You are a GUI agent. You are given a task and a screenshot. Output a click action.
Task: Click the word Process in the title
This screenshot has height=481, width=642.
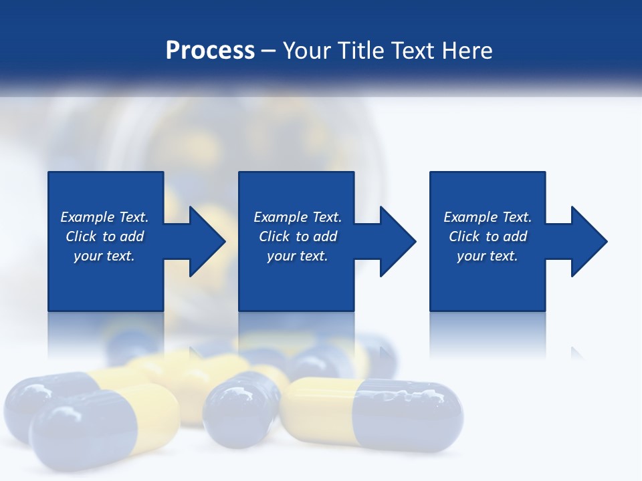[x=210, y=50]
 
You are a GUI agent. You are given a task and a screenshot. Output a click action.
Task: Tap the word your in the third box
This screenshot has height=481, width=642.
[x=471, y=256]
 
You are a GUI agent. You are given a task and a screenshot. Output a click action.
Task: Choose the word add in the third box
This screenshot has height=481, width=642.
[x=516, y=236]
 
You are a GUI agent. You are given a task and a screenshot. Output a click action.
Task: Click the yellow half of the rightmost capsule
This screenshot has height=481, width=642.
[x=321, y=410]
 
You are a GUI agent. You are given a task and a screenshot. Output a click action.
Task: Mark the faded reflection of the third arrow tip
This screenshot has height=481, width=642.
[x=576, y=353]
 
